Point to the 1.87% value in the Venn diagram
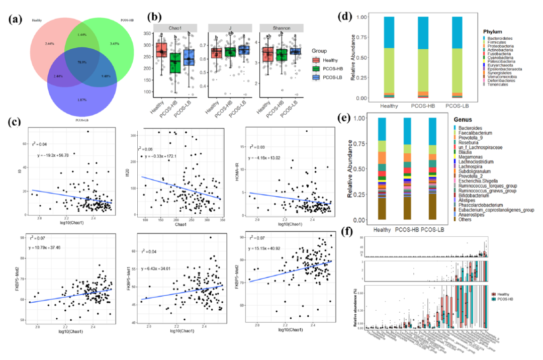pyautogui.click(x=81, y=100)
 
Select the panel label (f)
pyautogui.click(x=346, y=232)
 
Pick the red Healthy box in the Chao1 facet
pyautogui.click(x=162, y=50)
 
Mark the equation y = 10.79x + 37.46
pyautogui.click(x=52, y=262)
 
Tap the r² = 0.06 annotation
pyautogui.click(x=146, y=149)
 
